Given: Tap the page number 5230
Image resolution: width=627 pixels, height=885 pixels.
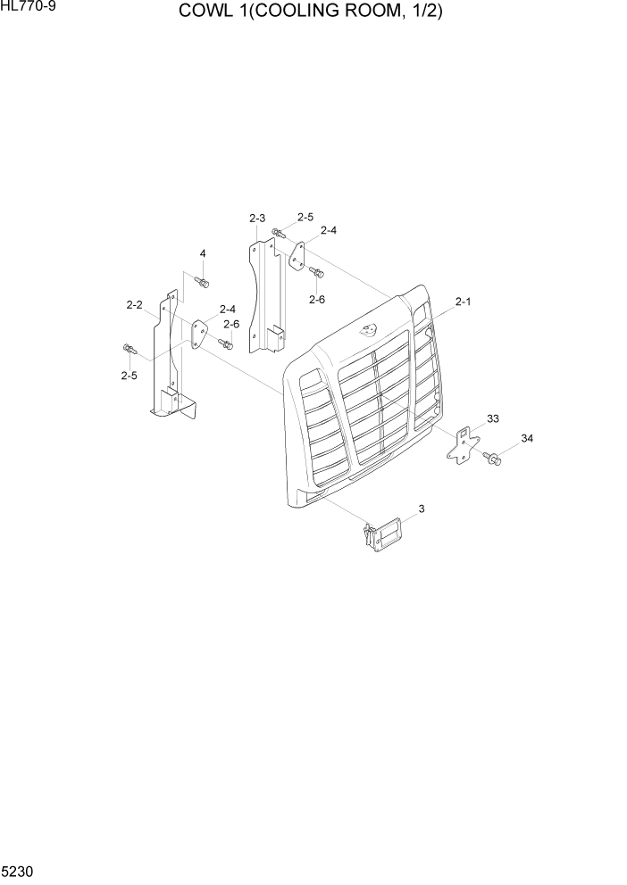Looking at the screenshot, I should pos(19,868).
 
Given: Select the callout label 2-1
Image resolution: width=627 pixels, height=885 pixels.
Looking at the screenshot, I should pos(463,302).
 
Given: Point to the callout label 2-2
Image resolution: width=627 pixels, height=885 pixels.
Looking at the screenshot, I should pos(135,305).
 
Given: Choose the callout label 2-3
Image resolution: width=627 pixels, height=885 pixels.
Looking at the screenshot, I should pos(257,219).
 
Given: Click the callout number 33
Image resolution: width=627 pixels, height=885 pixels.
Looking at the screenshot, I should pos(492,418).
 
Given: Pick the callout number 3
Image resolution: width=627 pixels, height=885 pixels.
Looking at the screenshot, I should pos(421,509).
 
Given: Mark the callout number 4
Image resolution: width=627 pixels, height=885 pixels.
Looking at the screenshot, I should pos(203,254).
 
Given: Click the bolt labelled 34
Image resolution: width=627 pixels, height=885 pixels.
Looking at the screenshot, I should pos(492,459).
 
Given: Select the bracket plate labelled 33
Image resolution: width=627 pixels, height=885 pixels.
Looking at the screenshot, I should pos(463,442).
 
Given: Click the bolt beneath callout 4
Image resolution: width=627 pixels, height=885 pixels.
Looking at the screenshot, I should pos(202,282).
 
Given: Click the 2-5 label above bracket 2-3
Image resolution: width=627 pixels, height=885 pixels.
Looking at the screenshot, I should pos(305,217).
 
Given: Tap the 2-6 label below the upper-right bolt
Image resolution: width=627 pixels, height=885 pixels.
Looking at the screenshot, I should pos(317,300).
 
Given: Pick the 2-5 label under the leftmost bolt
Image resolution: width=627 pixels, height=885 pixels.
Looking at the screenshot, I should pos(129,376).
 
